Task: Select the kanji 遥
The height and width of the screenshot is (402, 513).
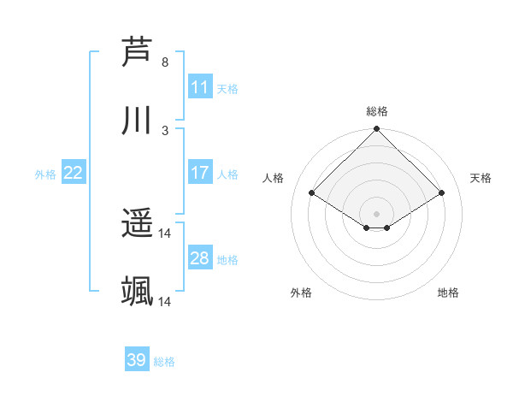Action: tap(138, 224)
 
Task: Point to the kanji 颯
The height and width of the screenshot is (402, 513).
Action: tap(138, 292)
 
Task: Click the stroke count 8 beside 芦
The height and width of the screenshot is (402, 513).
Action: tap(165, 62)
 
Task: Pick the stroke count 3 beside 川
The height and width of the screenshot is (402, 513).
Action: tap(165, 130)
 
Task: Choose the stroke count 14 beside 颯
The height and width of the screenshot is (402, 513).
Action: tap(165, 302)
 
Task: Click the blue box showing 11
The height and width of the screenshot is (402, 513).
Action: tap(200, 87)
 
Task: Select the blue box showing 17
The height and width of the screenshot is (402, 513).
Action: tap(200, 173)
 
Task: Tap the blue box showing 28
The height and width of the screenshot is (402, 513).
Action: tap(200, 258)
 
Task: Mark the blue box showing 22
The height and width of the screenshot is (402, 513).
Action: tap(74, 173)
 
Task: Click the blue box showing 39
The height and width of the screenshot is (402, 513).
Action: tap(137, 360)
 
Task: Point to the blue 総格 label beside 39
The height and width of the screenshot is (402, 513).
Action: tap(165, 362)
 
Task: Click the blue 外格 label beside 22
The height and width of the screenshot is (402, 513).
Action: tap(45, 174)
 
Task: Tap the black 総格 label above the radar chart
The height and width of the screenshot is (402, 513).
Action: tap(377, 111)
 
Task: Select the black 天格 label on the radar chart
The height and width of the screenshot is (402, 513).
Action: tap(481, 178)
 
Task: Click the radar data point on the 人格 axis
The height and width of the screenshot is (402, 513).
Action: tap(312, 193)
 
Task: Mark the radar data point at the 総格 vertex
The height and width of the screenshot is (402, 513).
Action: tap(377, 130)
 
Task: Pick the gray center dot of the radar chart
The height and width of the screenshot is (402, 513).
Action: tap(377, 213)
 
